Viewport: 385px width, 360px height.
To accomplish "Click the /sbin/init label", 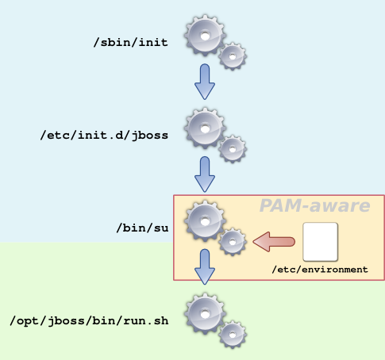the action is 131,42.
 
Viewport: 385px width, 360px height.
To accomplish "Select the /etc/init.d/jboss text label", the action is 104,135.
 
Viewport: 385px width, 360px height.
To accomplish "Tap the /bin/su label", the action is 142,228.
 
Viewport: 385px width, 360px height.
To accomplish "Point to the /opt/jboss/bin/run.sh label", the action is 89,320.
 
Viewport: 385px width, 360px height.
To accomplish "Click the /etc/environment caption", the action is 320,270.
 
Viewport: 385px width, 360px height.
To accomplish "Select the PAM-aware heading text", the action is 314,205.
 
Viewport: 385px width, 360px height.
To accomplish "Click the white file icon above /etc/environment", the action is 320,242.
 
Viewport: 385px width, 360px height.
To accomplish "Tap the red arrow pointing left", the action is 274,242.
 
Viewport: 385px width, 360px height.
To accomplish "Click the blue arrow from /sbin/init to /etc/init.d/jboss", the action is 205,82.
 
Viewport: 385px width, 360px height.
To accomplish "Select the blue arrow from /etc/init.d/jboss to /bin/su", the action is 205,174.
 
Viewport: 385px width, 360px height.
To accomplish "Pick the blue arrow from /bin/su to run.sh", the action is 205,266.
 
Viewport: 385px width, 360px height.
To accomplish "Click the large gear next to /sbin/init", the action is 205,36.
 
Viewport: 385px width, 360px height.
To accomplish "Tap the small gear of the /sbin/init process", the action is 233,56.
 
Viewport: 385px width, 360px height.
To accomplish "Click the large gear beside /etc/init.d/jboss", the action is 205,128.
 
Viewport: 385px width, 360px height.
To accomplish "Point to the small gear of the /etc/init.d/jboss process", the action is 233,149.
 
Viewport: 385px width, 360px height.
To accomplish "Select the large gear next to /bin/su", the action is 205,221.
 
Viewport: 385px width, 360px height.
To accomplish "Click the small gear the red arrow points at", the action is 233,242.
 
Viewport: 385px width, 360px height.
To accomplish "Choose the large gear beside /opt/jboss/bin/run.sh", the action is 205,314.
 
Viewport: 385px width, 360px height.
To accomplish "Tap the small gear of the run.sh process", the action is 233,335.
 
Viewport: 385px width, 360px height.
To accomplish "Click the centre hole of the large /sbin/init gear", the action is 205,36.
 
